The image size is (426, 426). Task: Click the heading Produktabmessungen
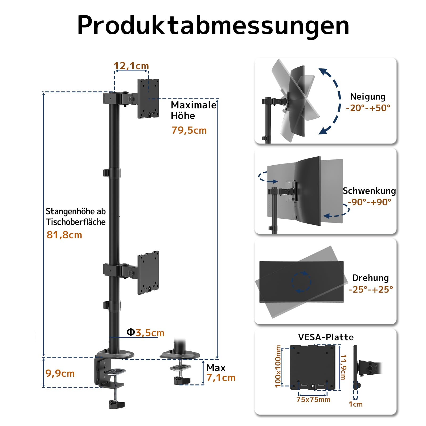pos(213,25)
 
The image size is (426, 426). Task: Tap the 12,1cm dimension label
pos(131,66)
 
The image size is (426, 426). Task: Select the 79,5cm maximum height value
pos(189,130)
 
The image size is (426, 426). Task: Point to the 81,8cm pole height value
pos(64,235)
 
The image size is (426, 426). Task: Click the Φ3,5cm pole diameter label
pos(145,333)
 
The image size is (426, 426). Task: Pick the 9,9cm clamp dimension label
pos(60,373)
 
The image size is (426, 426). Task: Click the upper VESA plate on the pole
pos(148,99)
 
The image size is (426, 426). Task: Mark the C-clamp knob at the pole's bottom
pos(117,404)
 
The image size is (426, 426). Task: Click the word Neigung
pos(368,96)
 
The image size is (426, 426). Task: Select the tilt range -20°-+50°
pos(368,108)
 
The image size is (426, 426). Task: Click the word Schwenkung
pos(369,191)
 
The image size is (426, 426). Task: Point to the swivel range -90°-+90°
pos(369,202)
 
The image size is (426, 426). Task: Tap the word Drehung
pos(370,278)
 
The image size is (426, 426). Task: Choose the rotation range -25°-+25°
pos(371,289)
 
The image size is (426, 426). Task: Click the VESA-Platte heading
pos(326,337)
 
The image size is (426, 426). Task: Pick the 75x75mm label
pos(313,399)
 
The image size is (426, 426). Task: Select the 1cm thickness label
pos(355,404)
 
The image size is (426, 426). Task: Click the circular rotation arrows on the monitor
pos(301,282)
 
